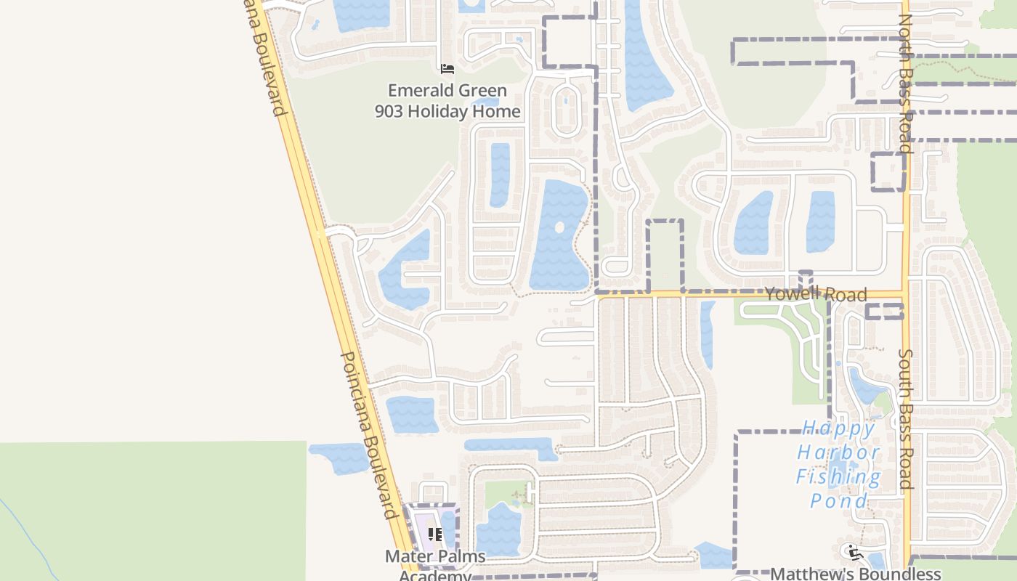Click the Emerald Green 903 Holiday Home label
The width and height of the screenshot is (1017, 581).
tap(447, 101)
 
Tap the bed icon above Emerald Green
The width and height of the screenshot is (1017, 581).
tap(447, 69)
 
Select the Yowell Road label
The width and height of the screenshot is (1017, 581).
tap(815, 293)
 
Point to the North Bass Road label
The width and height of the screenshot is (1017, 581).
tap(905, 84)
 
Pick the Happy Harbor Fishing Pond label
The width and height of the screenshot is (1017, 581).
tap(838, 464)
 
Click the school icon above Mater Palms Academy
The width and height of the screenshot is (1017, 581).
tap(435, 535)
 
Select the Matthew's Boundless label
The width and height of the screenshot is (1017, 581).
tap(855, 574)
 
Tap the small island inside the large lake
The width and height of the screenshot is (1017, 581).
tap(559, 227)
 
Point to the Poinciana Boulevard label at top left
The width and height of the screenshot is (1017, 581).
tap(266, 58)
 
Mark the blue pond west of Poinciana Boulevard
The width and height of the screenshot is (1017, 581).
tap(340, 458)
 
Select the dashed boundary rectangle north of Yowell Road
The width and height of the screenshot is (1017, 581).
tap(665, 255)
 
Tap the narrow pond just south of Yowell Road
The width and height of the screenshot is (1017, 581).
tap(707, 334)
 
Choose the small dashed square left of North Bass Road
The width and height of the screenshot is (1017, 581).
tap(888, 171)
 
